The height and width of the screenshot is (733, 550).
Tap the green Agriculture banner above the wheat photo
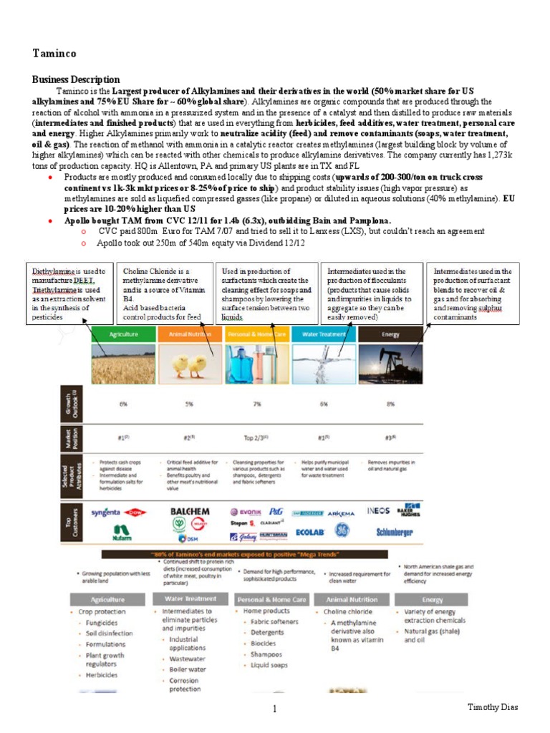(123, 334)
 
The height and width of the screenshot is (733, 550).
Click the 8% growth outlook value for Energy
(390, 404)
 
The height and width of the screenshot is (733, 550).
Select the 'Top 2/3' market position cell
(256, 437)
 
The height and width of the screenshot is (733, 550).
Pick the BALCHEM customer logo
(189, 512)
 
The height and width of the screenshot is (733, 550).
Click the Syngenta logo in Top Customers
(106, 513)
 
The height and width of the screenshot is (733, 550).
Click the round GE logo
(342, 531)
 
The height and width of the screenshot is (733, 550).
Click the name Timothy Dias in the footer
(493, 708)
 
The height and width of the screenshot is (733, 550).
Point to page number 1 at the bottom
(274, 709)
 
